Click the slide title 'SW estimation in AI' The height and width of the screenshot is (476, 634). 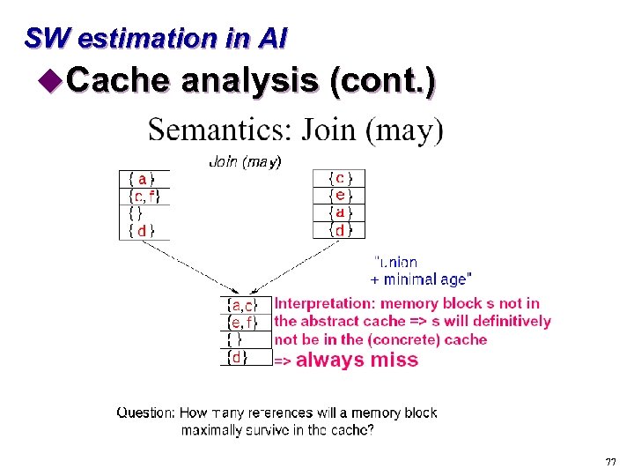pyautogui.click(x=155, y=38)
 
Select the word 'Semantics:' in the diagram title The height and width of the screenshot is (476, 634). pyautogui.click(x=220, y=130)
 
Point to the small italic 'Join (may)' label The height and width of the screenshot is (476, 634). pyautogui.click(x=245, y=161)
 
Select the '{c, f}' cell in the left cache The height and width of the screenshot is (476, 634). pyautogui.click(x=144, y=196)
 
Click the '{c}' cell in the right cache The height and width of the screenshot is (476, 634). pyautogui.click(x=339, y=178)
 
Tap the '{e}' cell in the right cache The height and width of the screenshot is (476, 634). pyautogui.click(x=339, y=196)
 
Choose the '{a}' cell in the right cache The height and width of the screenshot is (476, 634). pyautogui.click(x=339, y=213)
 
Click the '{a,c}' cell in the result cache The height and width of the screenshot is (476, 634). pyautogui.click(x=243, y=305)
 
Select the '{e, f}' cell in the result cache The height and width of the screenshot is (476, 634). pyautogui.click(x=243, y=323)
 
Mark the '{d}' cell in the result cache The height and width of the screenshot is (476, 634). pyautogui.click(x=238, y=358)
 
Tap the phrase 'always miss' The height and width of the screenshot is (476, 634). pyautogui.click(x=357, y=360)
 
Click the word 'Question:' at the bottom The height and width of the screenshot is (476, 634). pyautogui.click(x=147, y=413)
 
